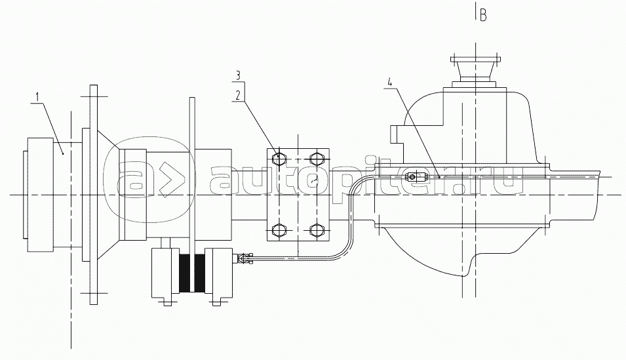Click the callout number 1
37,96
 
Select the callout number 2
237,95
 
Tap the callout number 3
237,75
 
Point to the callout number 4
390,83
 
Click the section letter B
483,16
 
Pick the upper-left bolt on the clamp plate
279,158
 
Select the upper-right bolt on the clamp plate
317,158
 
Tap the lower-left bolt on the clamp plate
279,230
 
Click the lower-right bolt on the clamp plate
317,230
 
